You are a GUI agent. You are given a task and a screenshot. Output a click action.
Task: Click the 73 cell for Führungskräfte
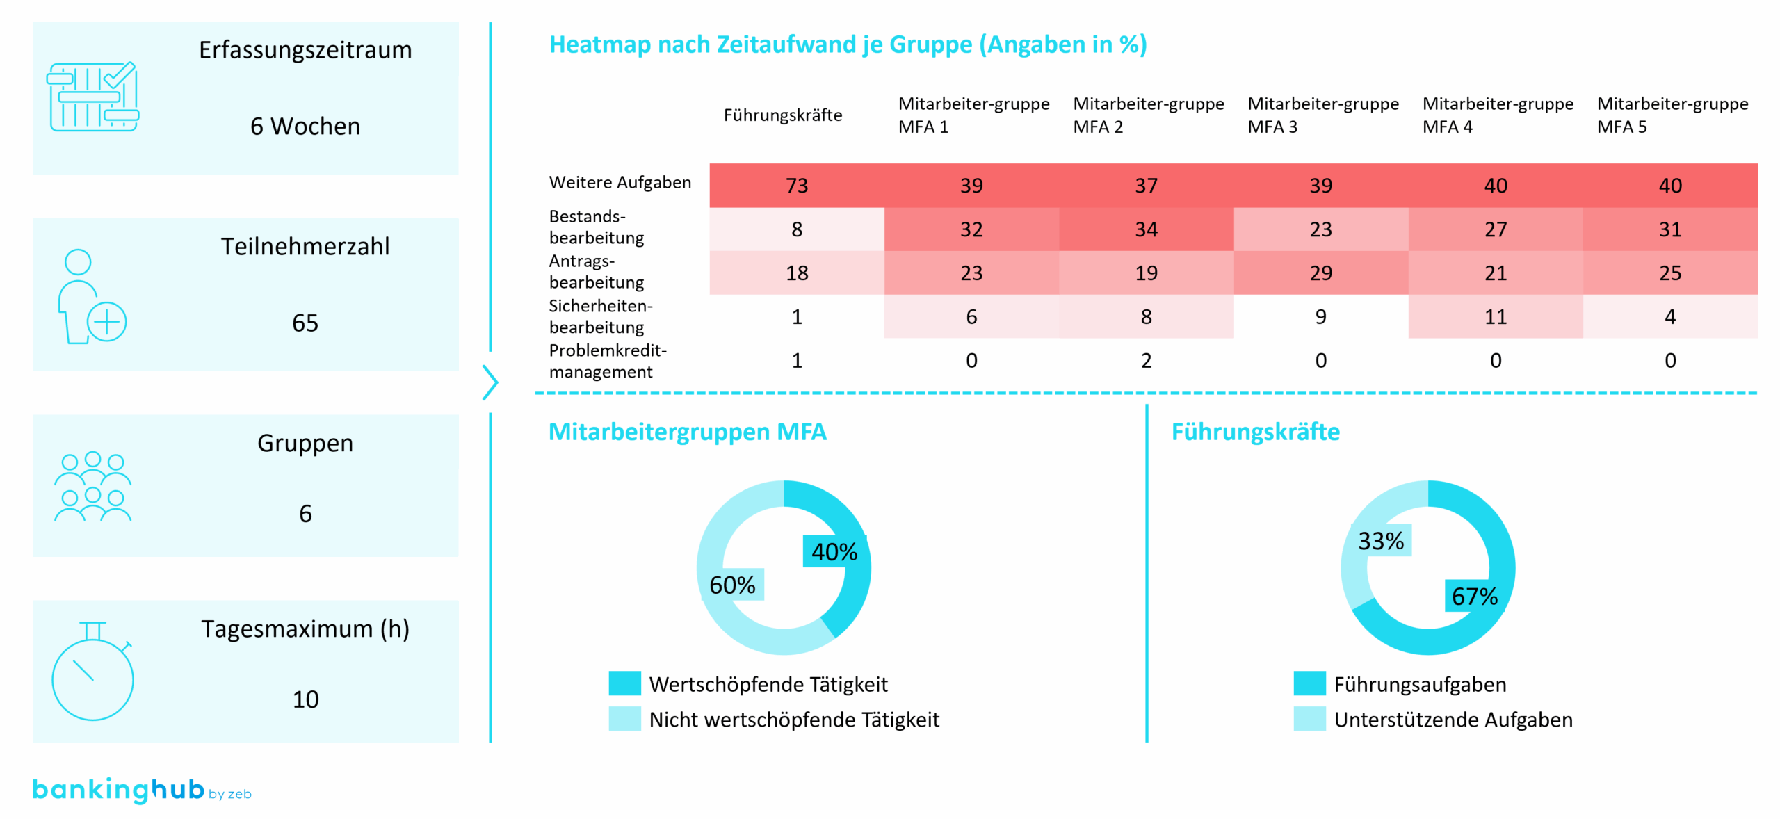pyautogui.click(x=796, y=186)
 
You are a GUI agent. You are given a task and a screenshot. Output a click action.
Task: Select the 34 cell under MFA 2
pyautogui.click(x=1146, y=229)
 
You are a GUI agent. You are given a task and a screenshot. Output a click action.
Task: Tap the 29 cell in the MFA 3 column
pyautogui.click(x=1320, y=273)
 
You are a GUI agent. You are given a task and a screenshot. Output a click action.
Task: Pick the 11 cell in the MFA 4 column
pyautogui.click(x=1495, y=317)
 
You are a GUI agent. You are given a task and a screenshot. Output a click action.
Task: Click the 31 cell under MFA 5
pyautogui.click(x=1669, y=229)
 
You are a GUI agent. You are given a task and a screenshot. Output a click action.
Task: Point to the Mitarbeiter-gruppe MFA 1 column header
pyautogui.click(x=973, y=115)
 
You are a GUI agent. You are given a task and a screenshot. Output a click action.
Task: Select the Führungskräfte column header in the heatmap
pyautogui.click(x=782, y=115)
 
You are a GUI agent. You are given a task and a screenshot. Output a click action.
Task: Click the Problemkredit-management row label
pyautogui.click(x=607, y=361)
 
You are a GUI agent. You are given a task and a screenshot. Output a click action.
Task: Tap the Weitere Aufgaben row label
pyautogui.click(x=620, y=182)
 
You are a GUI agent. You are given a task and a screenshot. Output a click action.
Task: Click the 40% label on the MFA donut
pyautogui.click(x=834, y=551)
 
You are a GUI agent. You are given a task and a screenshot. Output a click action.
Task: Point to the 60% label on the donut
pyautogui.click(x=731, y=585)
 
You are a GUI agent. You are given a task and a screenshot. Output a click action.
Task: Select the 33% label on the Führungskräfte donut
pyautogui.click(x=1380, y=540)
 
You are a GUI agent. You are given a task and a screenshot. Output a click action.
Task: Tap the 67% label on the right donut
pyautogui.click(x=1474, y=596)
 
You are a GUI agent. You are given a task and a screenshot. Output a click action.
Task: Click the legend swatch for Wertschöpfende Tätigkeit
pyautogui.click(x=624, y=683)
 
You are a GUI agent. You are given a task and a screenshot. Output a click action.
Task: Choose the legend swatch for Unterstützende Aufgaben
pyautogui.click(x=1309, y=719)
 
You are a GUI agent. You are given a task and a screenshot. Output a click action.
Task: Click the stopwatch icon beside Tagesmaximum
pyautogui.click(x=92, y=672)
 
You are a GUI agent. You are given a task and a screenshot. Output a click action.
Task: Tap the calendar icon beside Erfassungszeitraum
pyautogui.click(x=92, y=97)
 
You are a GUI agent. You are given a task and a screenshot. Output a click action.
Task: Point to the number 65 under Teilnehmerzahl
pyautogui.click(x=305, y=323)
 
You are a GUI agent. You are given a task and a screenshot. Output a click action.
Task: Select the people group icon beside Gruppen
pyautogui.click(x=92, y=486)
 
